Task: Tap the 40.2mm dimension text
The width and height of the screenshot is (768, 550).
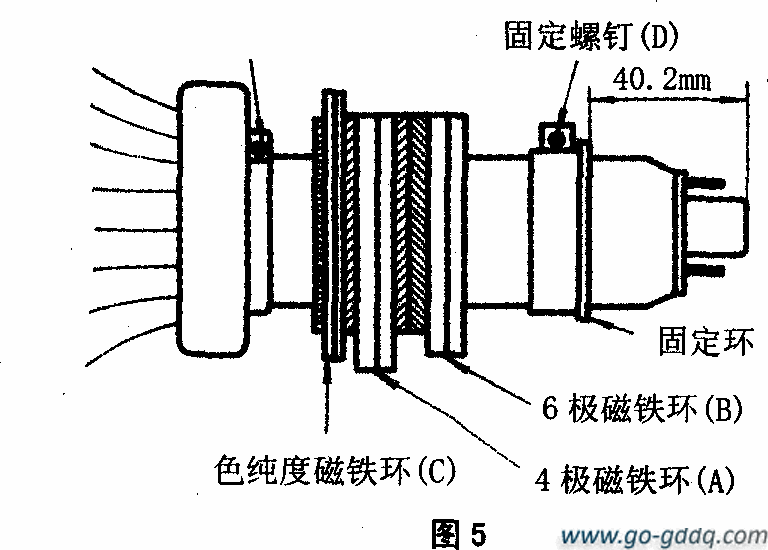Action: tap(661, 79)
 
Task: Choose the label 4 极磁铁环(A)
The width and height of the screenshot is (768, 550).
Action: tap(633, 478)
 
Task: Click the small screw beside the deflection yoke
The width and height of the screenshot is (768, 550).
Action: tap(260, 147)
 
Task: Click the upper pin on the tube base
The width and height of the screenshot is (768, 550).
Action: tap(704, 182)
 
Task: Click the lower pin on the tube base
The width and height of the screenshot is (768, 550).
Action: tap(704, 270)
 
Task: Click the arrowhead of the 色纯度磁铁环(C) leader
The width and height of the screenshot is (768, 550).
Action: tap(326, 371)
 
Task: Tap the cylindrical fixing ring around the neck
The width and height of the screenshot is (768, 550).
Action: tap(556, 228)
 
